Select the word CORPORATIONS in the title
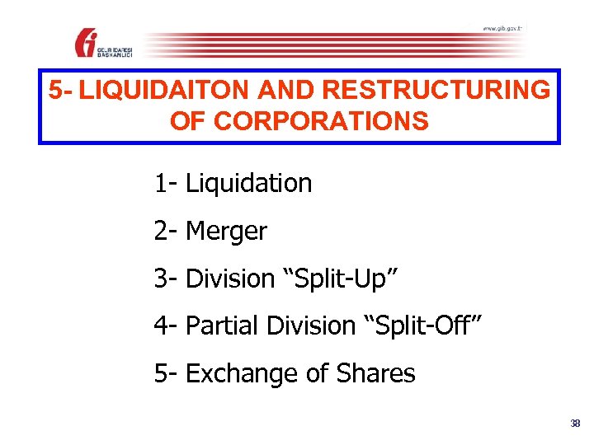click(322, 122)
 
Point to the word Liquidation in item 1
click(249, 183)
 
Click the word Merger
click(227, 232)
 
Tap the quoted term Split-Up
click(342, 279)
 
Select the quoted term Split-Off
click(422, 326)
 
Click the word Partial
click(222, 326)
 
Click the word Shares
click(377, 373)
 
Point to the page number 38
click(575, 424)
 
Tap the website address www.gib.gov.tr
click(502, 29)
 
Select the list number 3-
click(166, 279)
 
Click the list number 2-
click(166, 232)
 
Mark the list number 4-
click(166, 326)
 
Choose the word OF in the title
click(186, 122)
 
